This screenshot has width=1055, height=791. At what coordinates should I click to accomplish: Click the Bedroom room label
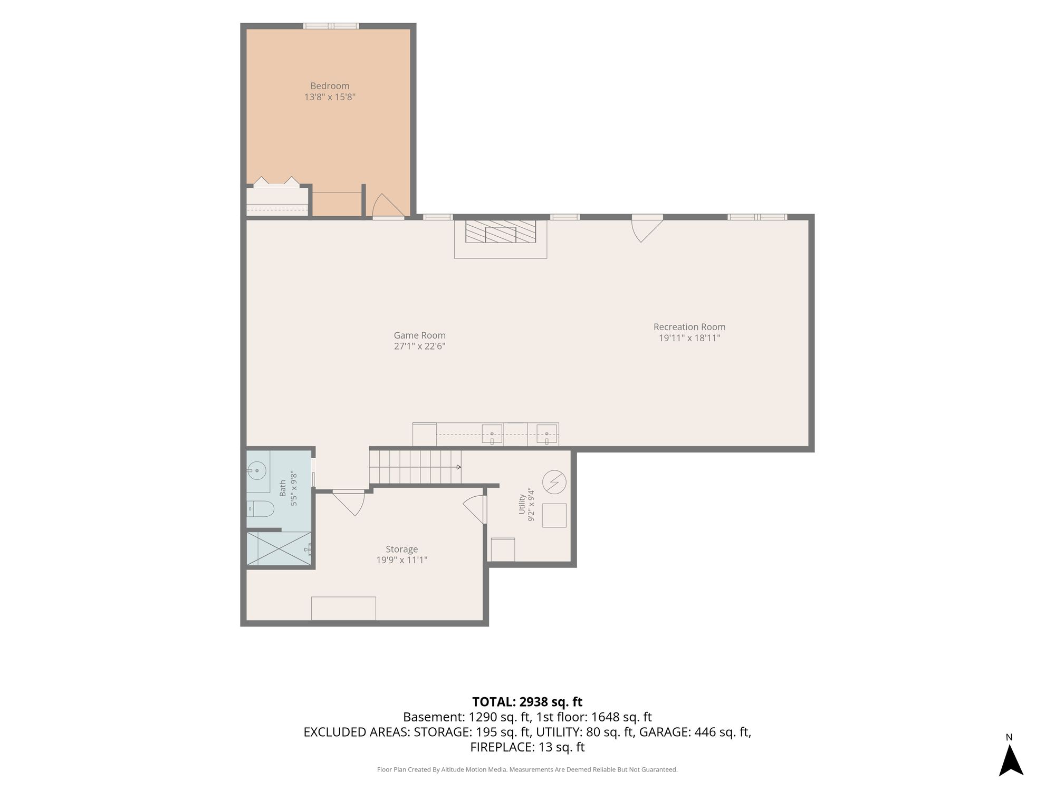(x=330, y=86)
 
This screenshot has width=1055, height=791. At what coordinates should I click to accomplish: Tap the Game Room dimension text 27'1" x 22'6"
(x=419, y=346)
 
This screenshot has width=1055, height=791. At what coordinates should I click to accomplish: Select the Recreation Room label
(x=689, y=327)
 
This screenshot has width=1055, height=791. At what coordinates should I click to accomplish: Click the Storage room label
(x=401, y=549)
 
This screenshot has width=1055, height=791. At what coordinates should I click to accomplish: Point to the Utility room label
(x=522, y=504)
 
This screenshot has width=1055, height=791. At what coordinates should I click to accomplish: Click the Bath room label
(x=283, y=488)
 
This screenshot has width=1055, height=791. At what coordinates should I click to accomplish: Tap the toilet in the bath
(x=261, y=509)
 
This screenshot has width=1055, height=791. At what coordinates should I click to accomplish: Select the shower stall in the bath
(x=279, y=548)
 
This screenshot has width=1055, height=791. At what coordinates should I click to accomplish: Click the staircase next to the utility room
(x=415, y=467)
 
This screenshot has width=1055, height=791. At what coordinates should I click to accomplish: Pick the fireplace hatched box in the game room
(x=501, y=231)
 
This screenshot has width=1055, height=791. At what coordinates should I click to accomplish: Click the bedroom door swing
(x=388, y=206)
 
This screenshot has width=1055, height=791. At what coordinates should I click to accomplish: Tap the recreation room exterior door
(x=647, y=228)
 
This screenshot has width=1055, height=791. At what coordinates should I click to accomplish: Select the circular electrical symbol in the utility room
(x=554, y=481)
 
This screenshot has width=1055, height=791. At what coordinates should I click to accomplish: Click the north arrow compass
(x=1011, y=759)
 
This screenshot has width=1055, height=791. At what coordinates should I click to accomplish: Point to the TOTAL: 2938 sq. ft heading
(x=527, y=702)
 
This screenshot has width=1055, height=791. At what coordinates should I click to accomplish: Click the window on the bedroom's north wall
(x=331, y=26)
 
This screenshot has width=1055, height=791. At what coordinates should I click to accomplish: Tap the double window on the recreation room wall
(x=757, y=217)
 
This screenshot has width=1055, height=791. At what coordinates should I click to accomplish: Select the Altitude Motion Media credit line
(x=527, y=769)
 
